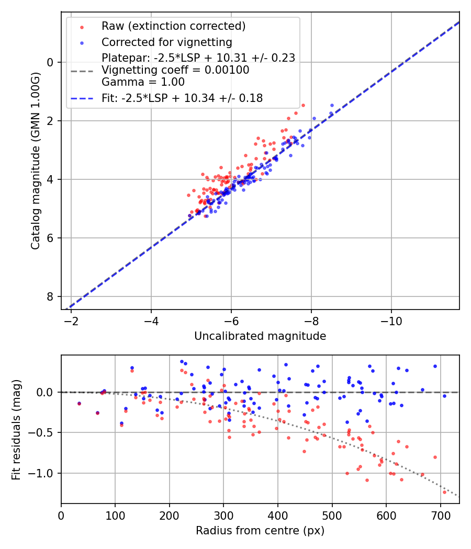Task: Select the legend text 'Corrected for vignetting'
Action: tap(166, 42)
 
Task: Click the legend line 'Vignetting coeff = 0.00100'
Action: tap(175, 70)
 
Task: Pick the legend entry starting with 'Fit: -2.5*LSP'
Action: tap(182, 98)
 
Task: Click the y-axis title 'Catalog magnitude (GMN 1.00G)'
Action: tap(35, 159)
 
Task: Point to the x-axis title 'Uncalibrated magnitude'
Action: tap(260, 336)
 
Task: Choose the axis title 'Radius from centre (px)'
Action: tap(260, 531)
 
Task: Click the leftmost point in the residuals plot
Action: tap(79, 404)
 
